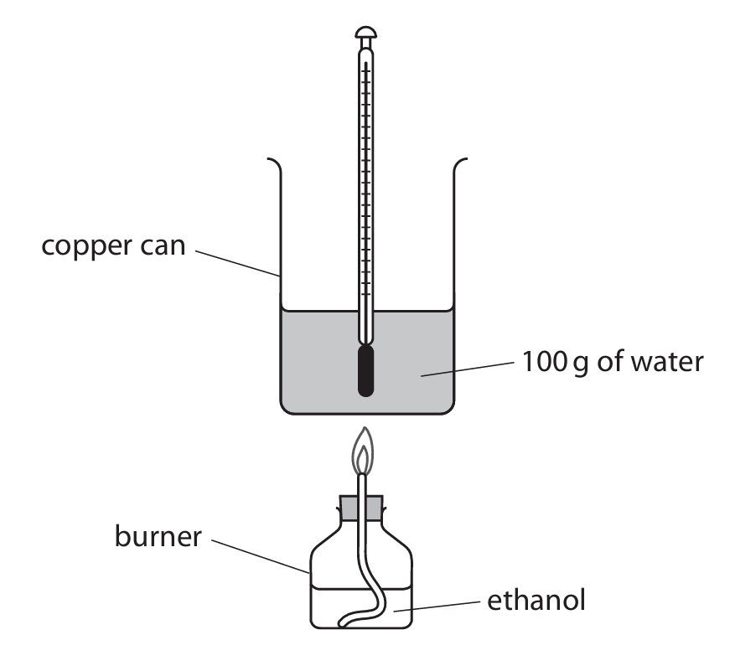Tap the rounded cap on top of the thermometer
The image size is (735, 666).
tap(366, 34)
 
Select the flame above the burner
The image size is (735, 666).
tap(362, 452)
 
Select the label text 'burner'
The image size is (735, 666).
tap(158, 537)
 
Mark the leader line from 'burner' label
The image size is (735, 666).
tap(259, 556)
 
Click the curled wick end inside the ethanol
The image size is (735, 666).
tap(352, 621)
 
